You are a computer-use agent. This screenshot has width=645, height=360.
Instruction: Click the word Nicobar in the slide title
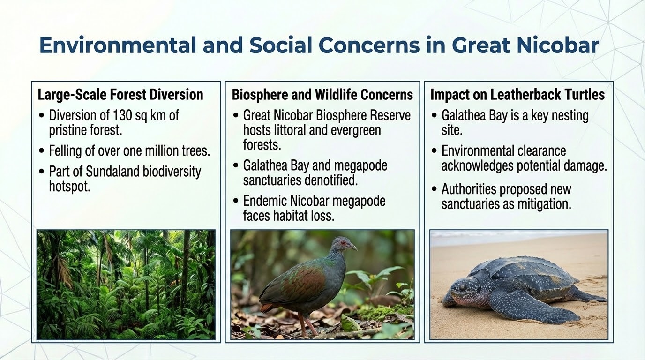pos(558,45)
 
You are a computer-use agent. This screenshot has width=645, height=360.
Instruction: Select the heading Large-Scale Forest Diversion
pos(120,95)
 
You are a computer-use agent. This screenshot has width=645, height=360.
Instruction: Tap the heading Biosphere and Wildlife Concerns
pos(322,95)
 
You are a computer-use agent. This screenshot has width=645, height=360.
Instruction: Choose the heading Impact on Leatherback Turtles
pos(517,95)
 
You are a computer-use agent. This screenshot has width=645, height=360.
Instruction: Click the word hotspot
pos(70,187)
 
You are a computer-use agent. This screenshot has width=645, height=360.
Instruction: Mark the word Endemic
pos(265,201)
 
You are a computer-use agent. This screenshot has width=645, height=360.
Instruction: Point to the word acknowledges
pos(477,166)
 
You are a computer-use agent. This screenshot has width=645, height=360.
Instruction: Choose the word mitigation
pos(544,204)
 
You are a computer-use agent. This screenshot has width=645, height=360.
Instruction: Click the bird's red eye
pos(343,243)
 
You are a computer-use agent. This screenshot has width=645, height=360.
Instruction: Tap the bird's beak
pos(352,247)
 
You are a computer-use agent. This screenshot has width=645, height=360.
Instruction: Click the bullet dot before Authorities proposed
pos(434,189)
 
